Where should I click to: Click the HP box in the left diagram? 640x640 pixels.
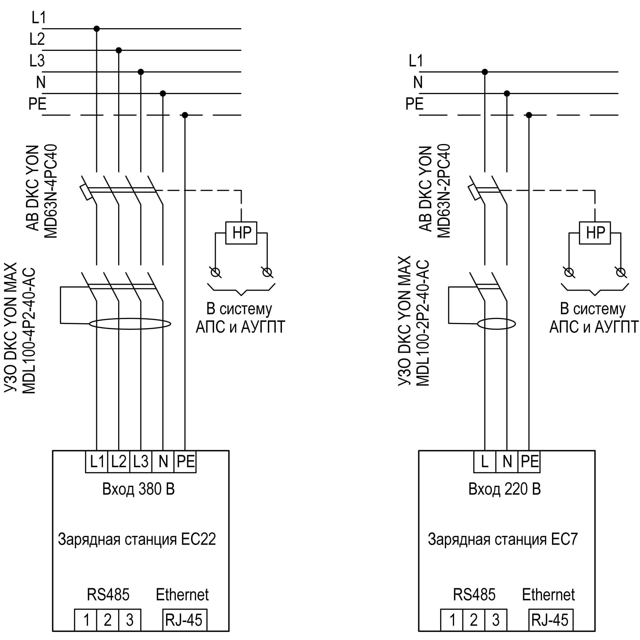click(241, 233)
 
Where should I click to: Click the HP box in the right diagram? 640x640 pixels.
click(595, 233)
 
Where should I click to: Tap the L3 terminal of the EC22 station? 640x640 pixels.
click(141, 461)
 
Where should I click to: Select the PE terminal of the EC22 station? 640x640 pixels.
click(185, 461)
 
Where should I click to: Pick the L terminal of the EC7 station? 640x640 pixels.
click(484, 461)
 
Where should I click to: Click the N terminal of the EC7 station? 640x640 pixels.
click(507, 461)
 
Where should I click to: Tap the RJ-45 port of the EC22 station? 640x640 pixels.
click(185, 620)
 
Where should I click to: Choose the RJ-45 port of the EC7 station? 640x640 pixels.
click(550, 620)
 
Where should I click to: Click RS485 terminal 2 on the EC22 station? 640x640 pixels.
click(108, 620)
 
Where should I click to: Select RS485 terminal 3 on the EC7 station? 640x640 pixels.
click(496, 620)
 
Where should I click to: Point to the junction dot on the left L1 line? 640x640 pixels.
click(97, 29)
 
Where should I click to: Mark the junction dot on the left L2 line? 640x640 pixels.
click(119, 50)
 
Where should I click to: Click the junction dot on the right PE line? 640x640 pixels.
click(529, 115)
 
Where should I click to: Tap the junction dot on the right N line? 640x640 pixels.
click(507, 93)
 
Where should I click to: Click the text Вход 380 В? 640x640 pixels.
click(139, 489)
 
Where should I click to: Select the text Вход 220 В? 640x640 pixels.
click(505, 489)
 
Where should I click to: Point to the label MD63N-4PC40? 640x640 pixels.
click(51, 191)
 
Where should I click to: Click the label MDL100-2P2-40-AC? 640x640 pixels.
click(422, 323)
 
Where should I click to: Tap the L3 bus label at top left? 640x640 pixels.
click(37, 60)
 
